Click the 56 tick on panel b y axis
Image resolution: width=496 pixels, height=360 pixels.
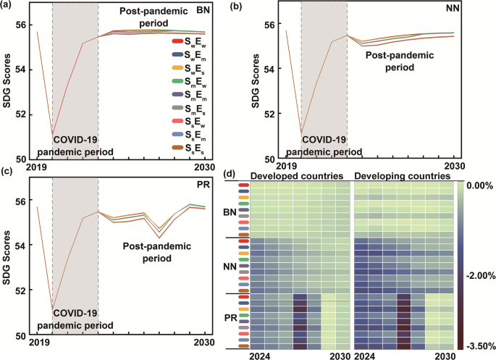point(268,24)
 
